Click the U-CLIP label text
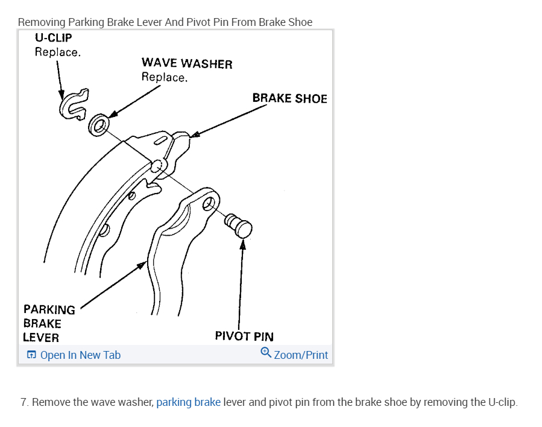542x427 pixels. point(54,37)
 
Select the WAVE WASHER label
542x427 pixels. point(187,63)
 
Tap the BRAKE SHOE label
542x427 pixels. point(289,98)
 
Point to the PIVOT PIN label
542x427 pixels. point(244,336)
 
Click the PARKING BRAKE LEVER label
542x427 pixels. point(49,323)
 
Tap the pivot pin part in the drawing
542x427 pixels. point(239,226)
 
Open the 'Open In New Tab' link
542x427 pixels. point(80,355)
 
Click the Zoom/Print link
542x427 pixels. point(301,355)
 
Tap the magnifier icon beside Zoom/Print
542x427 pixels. point(266,353)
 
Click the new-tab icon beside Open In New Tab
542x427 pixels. point(31,355)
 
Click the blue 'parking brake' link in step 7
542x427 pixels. point(188,402)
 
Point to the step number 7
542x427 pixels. point(24,402)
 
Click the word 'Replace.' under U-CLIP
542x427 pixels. point(58,52)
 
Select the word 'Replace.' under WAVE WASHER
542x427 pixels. point(165,77)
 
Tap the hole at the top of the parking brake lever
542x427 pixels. point(209,203)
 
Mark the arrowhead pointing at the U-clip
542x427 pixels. point(61,95)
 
